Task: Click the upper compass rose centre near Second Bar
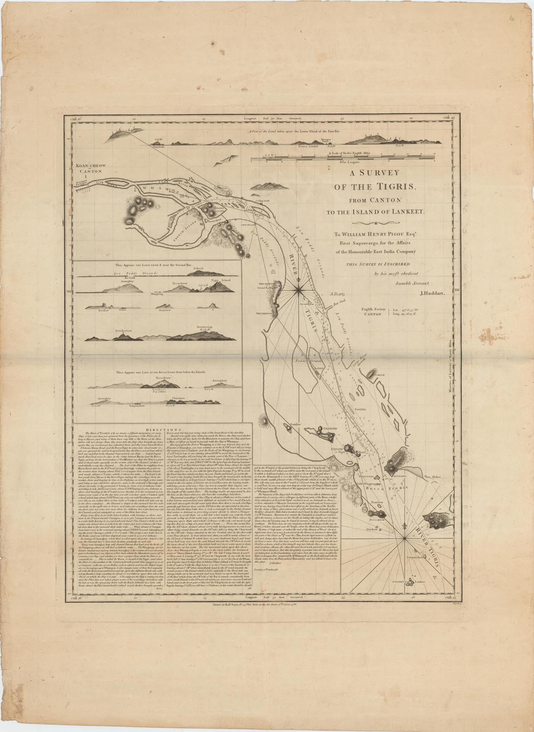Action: click(x=298, y=290)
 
